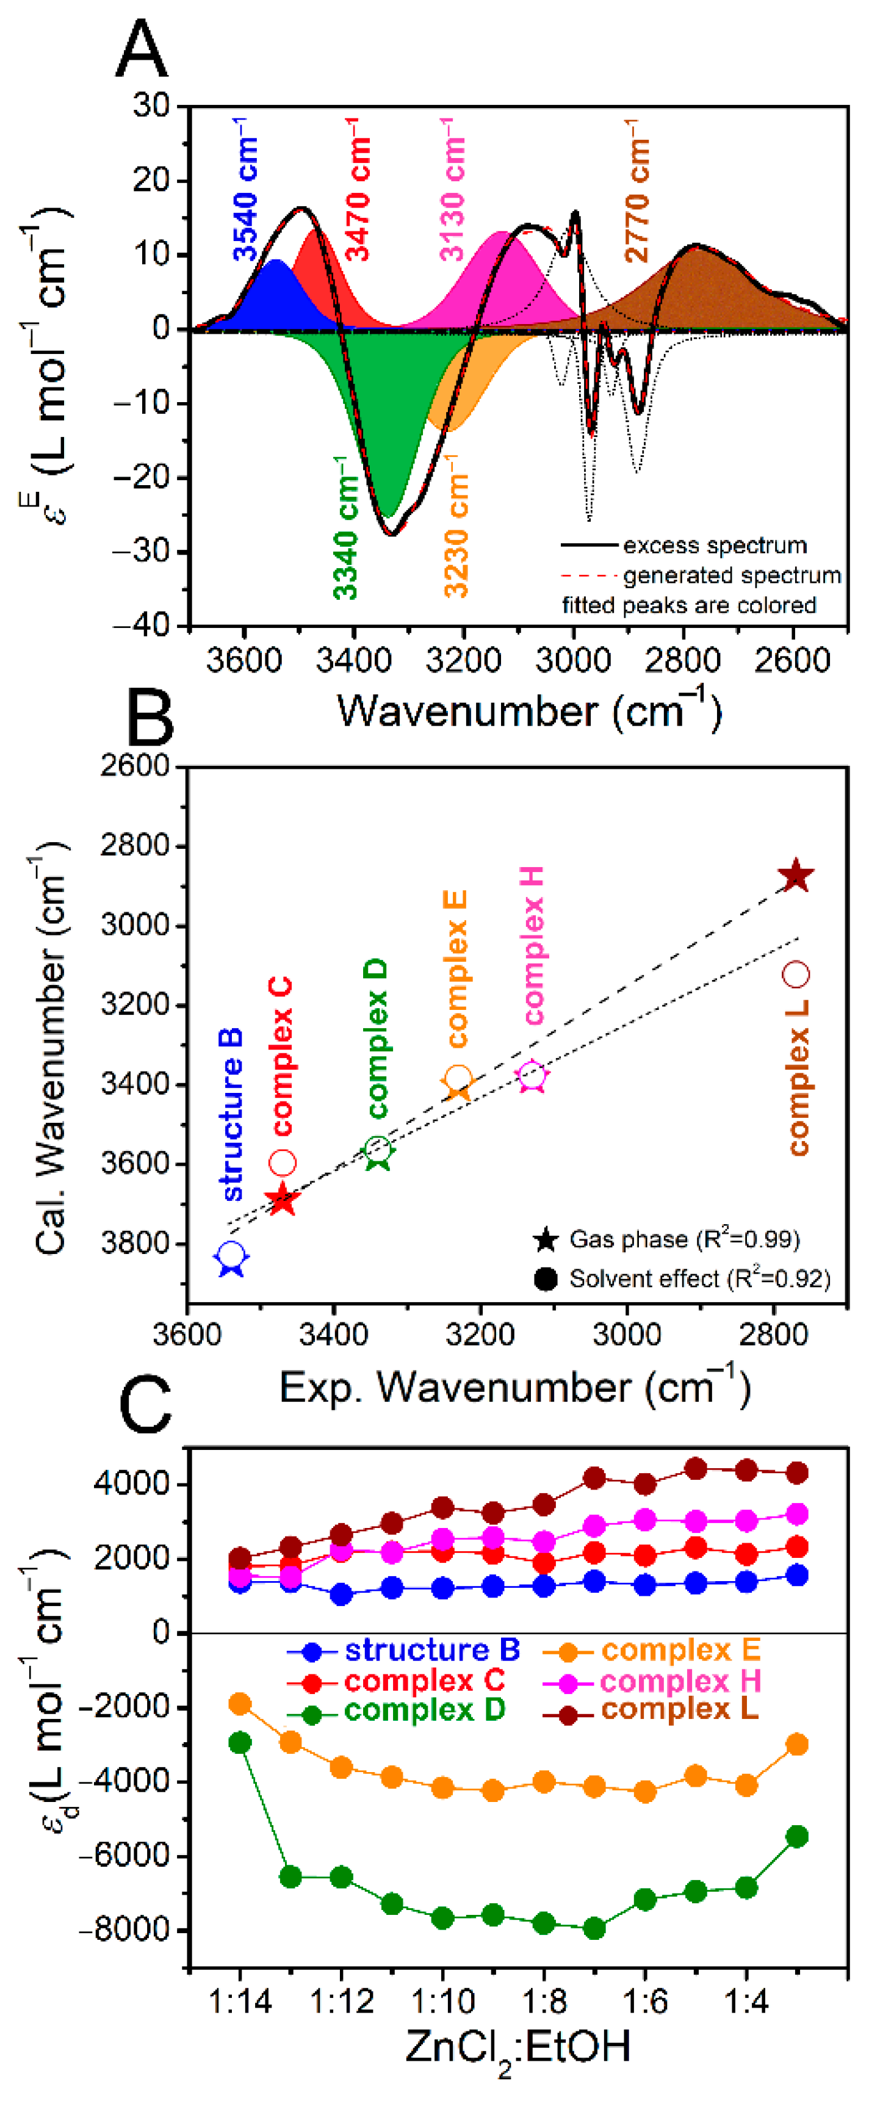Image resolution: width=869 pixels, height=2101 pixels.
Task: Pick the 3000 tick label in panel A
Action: click(573, 659)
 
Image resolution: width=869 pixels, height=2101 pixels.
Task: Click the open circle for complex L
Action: click(796, 974)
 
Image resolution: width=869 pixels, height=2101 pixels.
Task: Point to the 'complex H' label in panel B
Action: click(533, 945)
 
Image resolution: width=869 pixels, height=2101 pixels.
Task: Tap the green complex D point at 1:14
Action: click(240, 1742)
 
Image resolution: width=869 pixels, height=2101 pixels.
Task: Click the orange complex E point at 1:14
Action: click(240, 1704)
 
